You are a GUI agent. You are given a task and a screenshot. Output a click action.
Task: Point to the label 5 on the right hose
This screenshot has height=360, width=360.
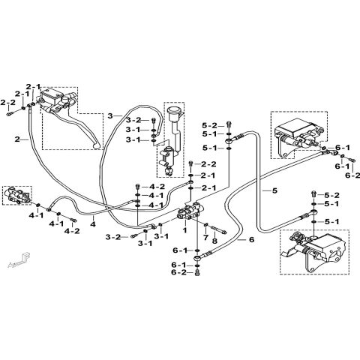274,191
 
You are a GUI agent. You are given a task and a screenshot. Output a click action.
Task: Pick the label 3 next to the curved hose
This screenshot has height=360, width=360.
109,115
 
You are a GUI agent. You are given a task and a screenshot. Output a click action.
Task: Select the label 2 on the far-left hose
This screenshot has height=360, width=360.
17,139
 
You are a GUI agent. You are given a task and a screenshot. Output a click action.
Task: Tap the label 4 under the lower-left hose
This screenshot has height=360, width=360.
92,223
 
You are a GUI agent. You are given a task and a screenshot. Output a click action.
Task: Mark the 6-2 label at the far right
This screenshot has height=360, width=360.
349,175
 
